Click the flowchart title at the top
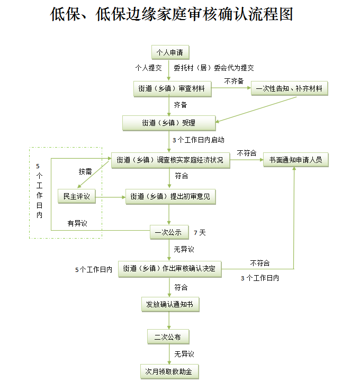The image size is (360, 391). click(x=172, y=14)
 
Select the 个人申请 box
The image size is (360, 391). click(x=169, y=52)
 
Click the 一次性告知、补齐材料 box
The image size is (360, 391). click(x=289, y=89)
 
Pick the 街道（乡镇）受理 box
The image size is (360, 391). click(x=169, y=123)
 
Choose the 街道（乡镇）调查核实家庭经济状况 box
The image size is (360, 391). click(x=170, y=160)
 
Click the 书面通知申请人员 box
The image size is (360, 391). click(x=296, y=160)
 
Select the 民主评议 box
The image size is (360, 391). click(x=77, y=197)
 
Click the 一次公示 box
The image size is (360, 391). click(x=168, y=232)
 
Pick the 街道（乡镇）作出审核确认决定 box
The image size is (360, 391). click(x=169, y=269)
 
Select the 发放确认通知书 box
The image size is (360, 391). click(x=169, y=305)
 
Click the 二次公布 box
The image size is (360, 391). click(x=168, y=337)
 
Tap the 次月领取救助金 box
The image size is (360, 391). click(x=169, y=371)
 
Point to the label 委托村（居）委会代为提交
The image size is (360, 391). click(x=214, y=68)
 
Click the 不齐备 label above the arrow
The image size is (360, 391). click(x=234, y=81)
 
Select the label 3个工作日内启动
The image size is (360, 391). click(x=199, y=140)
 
